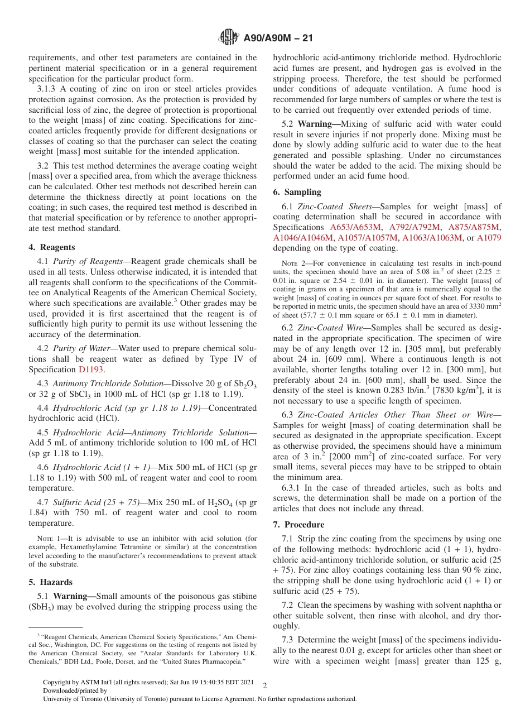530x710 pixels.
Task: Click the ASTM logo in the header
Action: point(228,38)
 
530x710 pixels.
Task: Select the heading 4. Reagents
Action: point(51,247)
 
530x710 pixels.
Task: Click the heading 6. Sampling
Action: point(297,192)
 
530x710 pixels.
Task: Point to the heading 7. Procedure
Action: point(298,525)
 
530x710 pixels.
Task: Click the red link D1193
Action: point(90,370)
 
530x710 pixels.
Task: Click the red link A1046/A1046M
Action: point(303,238)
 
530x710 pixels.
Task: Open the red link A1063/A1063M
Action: point(432,238)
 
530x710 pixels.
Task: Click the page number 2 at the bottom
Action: point(265,686)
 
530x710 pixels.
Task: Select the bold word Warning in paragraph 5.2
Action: point(316,124)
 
